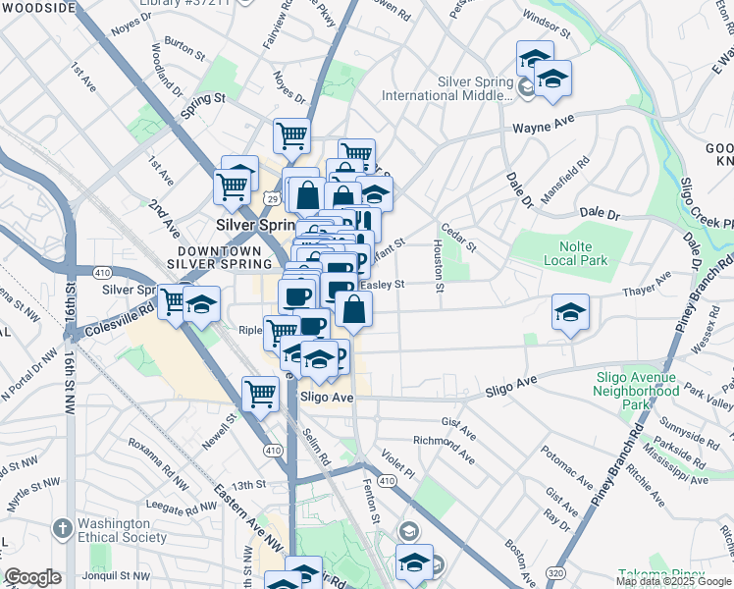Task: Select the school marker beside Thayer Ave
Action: (570, 311)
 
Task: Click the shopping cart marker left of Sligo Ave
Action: (260, 393)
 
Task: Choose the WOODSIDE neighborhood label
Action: (37, 7)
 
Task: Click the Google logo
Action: (32, 577)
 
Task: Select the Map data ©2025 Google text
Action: (672, 581)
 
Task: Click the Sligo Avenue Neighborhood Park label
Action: (635, 391)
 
